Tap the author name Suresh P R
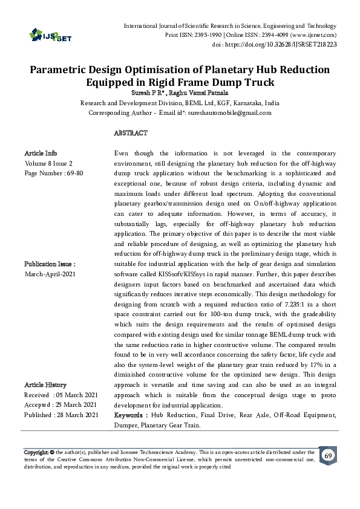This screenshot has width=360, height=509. pyautogui.click(x=147, y=92)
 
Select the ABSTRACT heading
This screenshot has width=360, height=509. pyautogui.click(x=131, y=132)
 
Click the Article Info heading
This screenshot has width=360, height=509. pyautogui.click(x=41, y=153)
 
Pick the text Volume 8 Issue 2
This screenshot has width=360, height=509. pyautogui.click(x=48, y=163)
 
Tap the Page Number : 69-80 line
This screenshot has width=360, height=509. pyautogui.click(x=54, y=173)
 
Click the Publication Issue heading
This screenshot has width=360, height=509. pyautogui.click(x=50, y=264)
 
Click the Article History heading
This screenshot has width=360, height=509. pyautogui.click(x=45, y=384)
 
